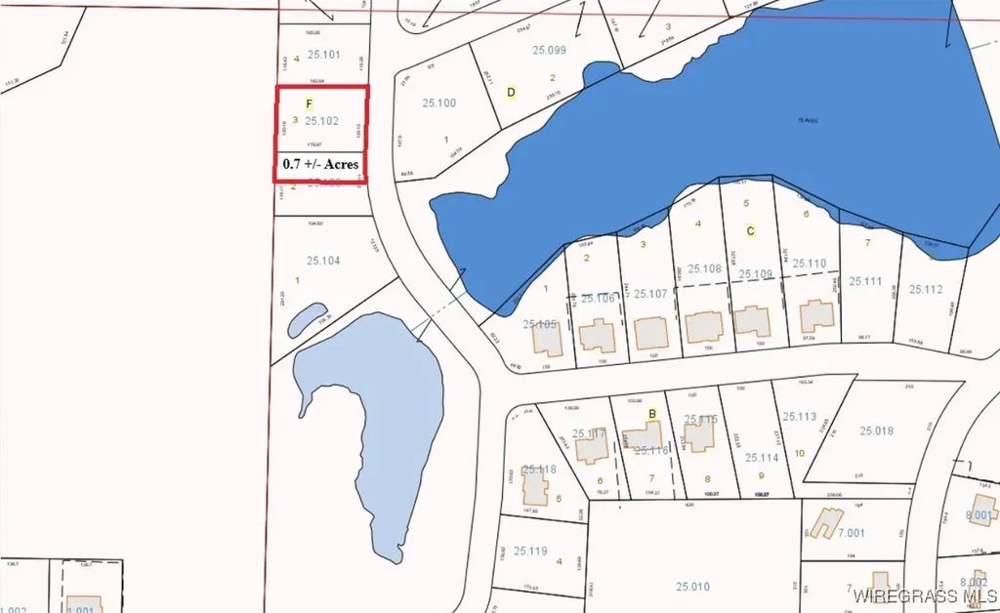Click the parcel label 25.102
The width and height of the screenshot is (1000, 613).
tap(321, 121)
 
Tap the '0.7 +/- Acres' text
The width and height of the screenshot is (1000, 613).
tap(321, 164)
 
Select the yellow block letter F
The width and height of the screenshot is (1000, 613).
tap(310, 102)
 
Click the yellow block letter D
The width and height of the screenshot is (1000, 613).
tap(511, 93)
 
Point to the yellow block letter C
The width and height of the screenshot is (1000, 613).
tap(750, 231)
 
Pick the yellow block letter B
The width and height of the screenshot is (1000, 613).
tap(651, 414)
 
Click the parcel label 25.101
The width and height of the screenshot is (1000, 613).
tap(323, 54)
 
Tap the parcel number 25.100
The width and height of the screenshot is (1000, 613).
tap(439, 102)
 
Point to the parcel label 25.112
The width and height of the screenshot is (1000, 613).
tap(926, 289)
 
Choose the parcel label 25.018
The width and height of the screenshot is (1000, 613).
tap(877, 430)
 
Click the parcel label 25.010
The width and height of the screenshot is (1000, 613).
tap(692, 586)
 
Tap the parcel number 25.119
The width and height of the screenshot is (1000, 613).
tap(530, 552)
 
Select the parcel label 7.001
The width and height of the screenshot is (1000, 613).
tap(849, 533)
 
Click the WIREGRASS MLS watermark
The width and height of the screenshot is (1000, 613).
tap(923, 594)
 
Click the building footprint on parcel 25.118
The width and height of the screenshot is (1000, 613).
tap(535, 485)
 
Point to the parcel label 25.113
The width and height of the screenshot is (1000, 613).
tap(799, 417)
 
